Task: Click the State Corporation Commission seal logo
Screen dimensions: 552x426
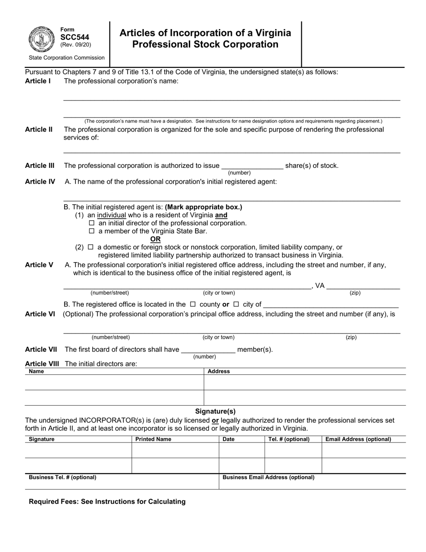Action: point(42,39)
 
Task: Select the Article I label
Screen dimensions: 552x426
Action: point(38,81)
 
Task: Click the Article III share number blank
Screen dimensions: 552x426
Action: point(252,166)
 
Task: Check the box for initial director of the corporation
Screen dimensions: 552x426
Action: point(92,223)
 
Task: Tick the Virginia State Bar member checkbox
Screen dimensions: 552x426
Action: point(92,231)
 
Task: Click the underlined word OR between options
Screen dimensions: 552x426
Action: point(156,239)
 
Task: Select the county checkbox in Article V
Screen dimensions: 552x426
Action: point(193,304)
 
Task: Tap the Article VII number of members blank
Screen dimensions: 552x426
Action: point(208,350)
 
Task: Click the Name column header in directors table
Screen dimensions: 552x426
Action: point(36,372)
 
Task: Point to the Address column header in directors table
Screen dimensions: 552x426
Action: point(219,372)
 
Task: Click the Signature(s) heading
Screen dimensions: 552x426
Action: point(215,411)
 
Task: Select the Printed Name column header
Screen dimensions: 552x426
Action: point(153,439)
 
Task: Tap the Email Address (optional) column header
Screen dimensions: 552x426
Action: point(358,439)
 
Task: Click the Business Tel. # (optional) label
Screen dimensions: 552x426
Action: point(62,478)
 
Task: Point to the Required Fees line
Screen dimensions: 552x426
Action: point(107,502)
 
